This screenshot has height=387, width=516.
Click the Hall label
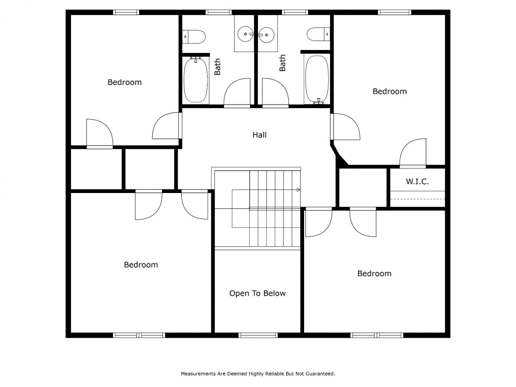(x=259, y=135)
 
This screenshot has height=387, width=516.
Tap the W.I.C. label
(x=417, y=181)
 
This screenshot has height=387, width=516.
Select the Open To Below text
(x=257, y=293)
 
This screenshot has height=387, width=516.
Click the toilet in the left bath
(x=194, y=37)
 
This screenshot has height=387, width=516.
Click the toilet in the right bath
(x=319, y=34)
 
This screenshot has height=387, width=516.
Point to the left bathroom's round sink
(x=245, y=34)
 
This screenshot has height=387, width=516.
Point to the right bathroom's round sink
(x=266, y=35)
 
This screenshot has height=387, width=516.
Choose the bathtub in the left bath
(x=196, y=80)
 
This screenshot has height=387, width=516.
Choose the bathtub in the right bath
(x=317, y=79)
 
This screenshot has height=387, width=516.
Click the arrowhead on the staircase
(x=299, y=190)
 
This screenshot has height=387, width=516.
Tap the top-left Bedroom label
(x=125, y=82)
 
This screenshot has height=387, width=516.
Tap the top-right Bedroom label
(x=389, y=92)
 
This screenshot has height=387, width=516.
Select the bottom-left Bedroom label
(x=141, y=265)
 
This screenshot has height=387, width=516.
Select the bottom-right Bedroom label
(x=374, y=273)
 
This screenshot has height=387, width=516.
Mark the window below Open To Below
(x=258, y=335)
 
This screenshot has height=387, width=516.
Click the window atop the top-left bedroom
(x=126, y=12)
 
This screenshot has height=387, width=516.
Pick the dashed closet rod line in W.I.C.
(x=418, y=199)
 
